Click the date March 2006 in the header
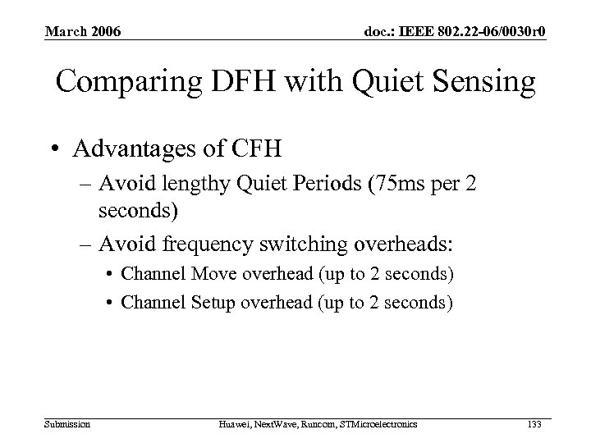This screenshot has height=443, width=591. click(83, 32)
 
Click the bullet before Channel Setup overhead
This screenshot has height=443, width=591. click(108, 303)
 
